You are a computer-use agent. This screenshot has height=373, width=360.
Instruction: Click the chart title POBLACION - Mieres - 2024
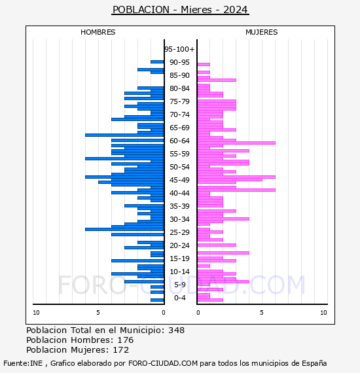click(180, 10)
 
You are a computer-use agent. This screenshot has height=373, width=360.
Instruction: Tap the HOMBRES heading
click(98, 32)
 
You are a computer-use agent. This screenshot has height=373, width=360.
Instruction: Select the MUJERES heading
click(262, 32)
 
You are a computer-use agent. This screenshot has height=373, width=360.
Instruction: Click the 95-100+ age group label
click(179, 49)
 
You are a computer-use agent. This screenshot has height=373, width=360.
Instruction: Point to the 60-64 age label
click(179, 141)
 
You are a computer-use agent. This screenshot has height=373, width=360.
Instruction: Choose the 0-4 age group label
click(179, 298)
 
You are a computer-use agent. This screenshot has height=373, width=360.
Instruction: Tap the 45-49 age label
click(179, 180)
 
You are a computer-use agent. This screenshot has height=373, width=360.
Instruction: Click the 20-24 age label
click(179, 245)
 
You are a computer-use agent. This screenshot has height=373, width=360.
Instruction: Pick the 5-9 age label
click(179, 285)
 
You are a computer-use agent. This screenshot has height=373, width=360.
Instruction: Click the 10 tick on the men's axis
click(36, 313)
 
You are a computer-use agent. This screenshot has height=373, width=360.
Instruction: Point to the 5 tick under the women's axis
click(262, 313)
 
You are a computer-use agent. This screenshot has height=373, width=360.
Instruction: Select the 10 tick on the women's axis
click(323, 313)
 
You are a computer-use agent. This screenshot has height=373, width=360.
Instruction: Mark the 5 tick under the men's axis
click(98, 313)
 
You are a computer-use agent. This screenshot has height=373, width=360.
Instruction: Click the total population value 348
click(176, 330)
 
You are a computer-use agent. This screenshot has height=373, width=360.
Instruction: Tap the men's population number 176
click(126, 340)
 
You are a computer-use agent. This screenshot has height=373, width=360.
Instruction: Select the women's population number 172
click(121, 349)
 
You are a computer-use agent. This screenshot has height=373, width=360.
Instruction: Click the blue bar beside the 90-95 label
click(157, 62)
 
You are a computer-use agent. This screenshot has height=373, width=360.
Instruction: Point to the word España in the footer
click(314, 363)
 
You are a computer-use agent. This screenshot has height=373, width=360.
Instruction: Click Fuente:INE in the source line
click(23, 363)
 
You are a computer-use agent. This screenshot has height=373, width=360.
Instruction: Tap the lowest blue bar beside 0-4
click(157, 300)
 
